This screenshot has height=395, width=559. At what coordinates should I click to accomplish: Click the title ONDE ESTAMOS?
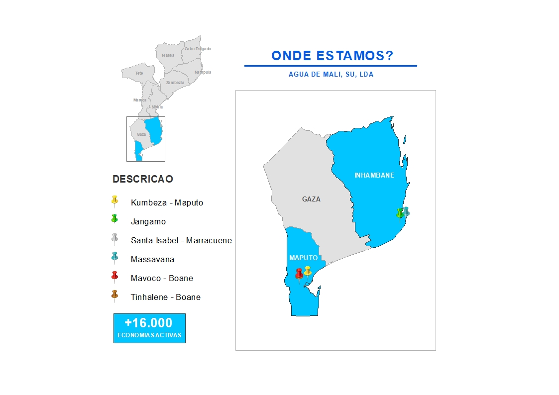(x=332, y=56)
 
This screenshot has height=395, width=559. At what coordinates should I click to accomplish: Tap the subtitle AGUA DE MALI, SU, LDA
(x=331, y=75)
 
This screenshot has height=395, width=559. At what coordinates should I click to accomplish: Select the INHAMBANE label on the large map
(x=374, y=175)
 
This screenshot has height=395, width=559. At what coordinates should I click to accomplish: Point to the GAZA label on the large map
(x=311, y=199)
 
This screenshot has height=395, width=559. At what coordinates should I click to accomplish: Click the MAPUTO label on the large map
(x=303, y=258)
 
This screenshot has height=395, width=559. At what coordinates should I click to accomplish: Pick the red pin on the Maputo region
(x=299, y=274)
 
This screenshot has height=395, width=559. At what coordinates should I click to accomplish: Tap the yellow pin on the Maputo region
(x=308, y=271)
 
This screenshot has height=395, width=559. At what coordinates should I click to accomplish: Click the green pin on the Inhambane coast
(x=399, y=213)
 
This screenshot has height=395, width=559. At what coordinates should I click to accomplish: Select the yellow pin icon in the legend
(x=114, y=200)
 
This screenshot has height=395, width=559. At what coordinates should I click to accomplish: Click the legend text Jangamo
(x=148, y=221)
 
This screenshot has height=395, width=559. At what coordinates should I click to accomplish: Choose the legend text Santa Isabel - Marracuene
(x=181, y=240)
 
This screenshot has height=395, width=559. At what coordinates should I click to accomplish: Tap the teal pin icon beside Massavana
(x=114, y=257)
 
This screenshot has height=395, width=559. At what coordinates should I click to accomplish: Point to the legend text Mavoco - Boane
(x=162, y=278)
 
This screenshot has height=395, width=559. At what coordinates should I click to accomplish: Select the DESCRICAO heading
(x=143, y=179)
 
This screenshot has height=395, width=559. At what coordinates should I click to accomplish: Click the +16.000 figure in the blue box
(x=149, y=323)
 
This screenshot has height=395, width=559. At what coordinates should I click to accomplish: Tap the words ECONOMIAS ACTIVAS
(x=149, y=335)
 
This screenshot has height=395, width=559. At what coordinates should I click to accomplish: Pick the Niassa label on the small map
(x=168, y=55)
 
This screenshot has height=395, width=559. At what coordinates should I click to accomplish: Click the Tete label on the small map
(x=139, y=73)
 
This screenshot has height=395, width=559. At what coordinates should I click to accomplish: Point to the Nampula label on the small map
(x=203, y=72)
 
